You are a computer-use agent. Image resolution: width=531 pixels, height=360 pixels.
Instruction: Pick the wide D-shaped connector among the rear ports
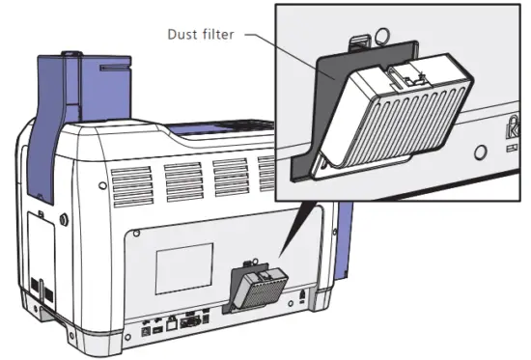tap(193, 324)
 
